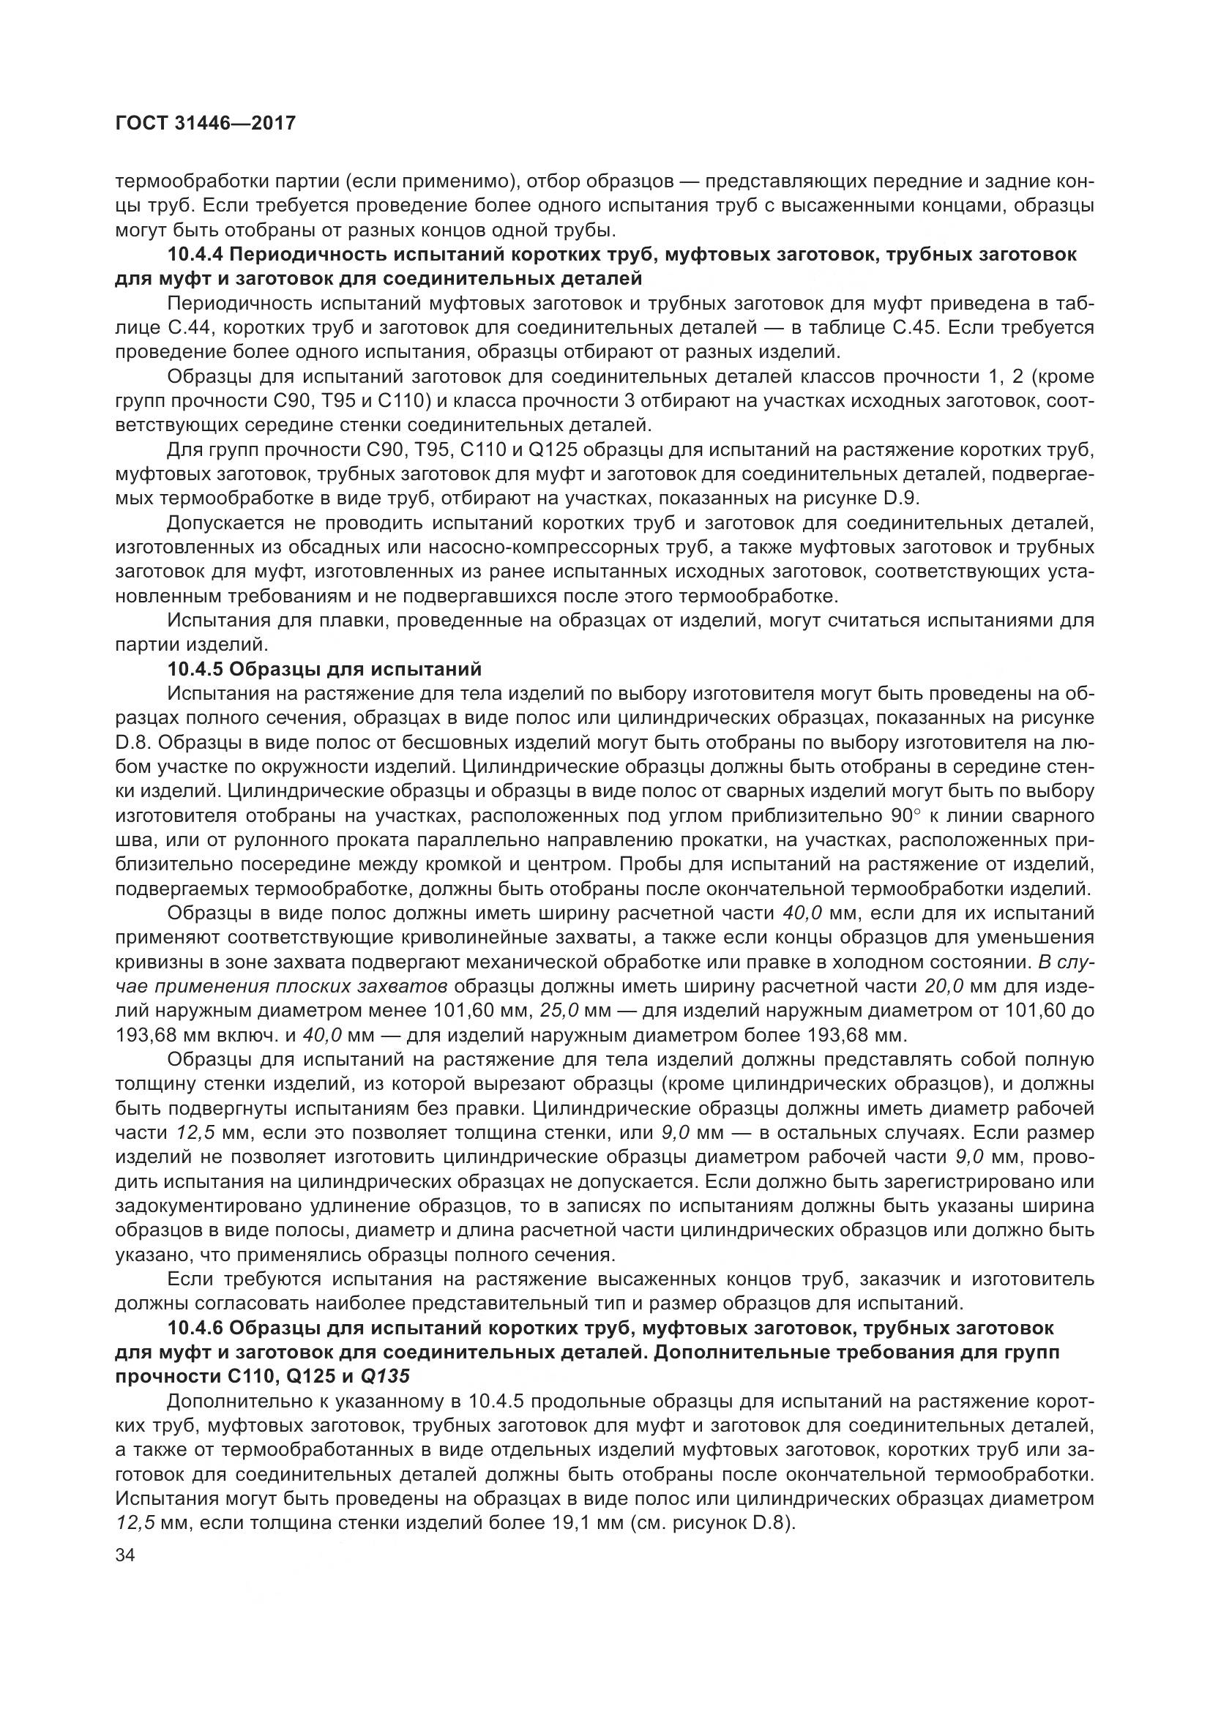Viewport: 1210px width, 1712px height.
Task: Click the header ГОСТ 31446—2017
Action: pos(206,123)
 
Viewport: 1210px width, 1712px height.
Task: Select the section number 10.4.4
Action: pos(195,255)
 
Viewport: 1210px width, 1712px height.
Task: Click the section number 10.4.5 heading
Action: pos(195,669)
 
